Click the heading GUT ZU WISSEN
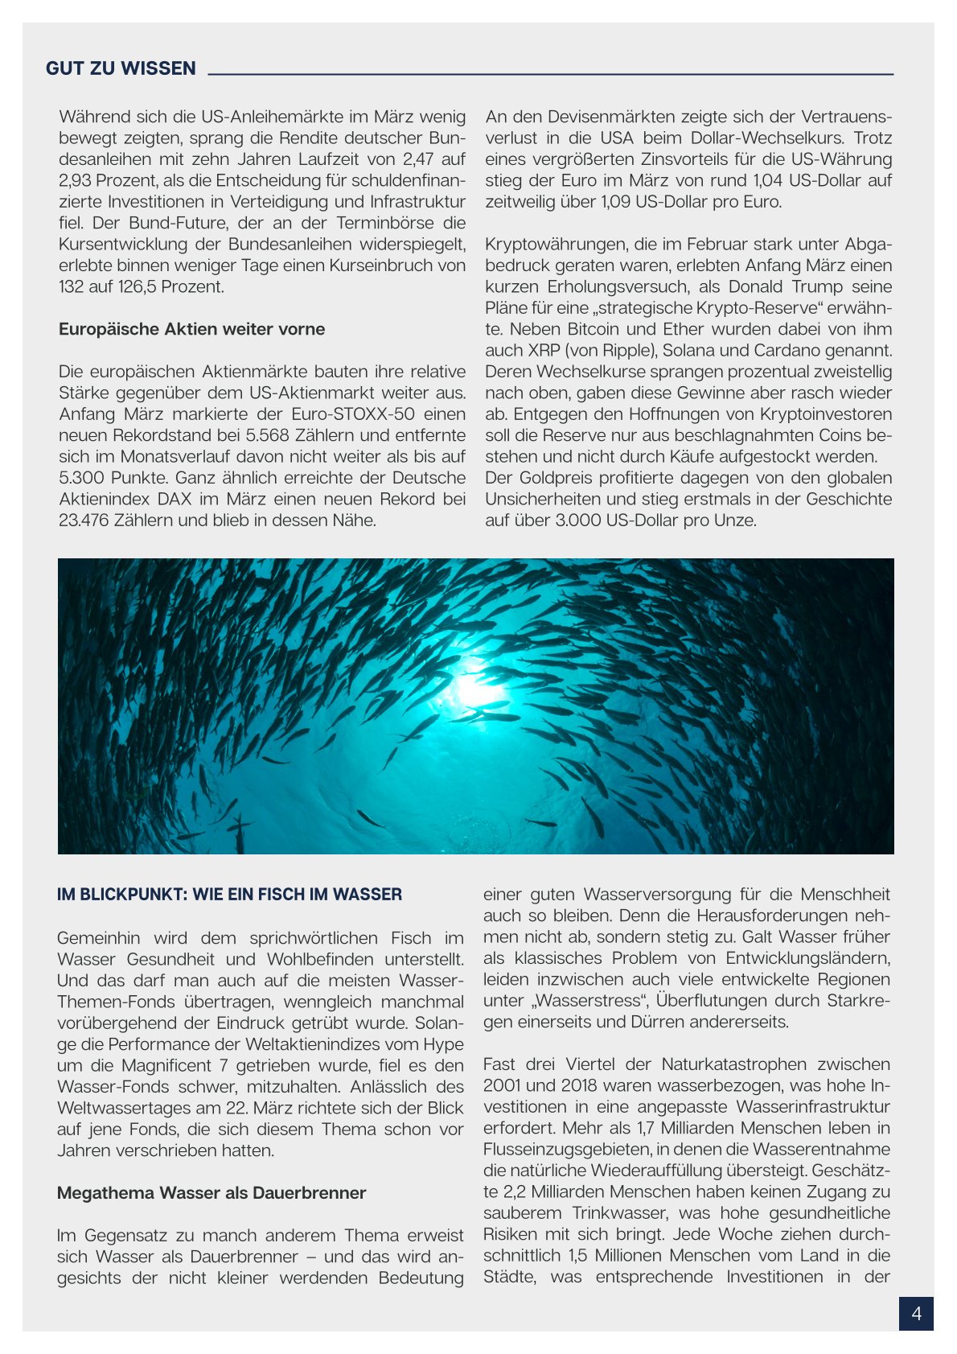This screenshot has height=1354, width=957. pos(121,68)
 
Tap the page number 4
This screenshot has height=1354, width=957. pos(916,1314)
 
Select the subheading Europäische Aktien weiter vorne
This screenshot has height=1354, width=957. pos(191,329)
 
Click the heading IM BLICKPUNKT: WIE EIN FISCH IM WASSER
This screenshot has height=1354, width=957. pos(229,895)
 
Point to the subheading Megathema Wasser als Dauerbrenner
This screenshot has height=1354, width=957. pos(212,1193)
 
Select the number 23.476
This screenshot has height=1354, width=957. pos(84,521)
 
